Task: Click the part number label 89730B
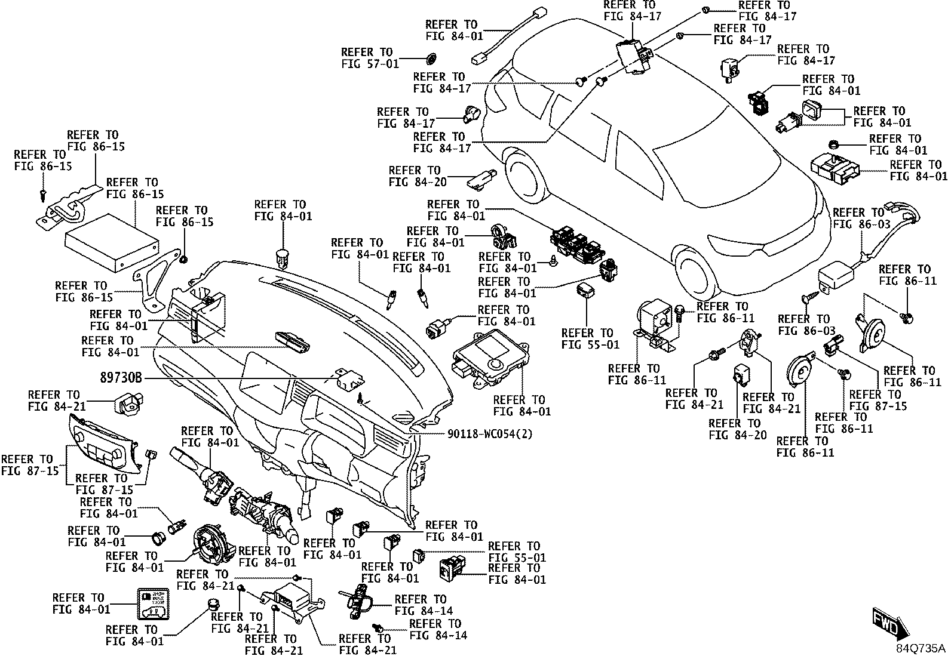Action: (x=121, y=378)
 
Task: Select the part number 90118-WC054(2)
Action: (x=490, y=434)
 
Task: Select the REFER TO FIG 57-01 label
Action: (x=370, y=58)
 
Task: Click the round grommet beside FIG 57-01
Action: (x=431, y=58)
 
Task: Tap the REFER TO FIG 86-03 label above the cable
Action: (x=861, y=218)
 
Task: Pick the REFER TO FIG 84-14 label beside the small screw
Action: (x=438, y=630)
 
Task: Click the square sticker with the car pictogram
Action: (x=154, y=604)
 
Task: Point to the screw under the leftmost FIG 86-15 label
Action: (x=42, y=195)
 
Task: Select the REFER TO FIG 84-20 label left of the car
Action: (x=418, y=176)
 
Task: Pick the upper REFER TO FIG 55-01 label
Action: (x=590, y=338)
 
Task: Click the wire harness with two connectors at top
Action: (x=510, y=36)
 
